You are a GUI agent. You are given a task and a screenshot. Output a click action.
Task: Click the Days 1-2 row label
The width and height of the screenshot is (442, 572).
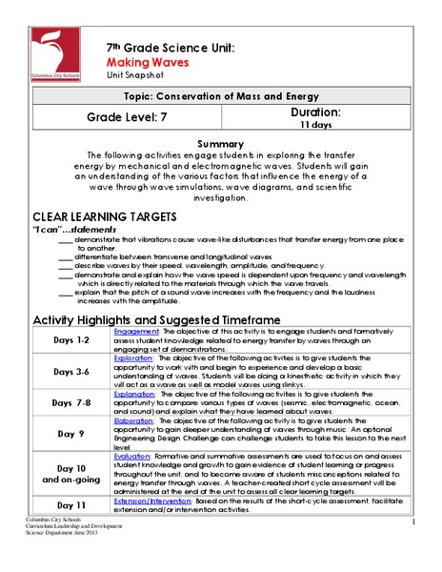(70, 340)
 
